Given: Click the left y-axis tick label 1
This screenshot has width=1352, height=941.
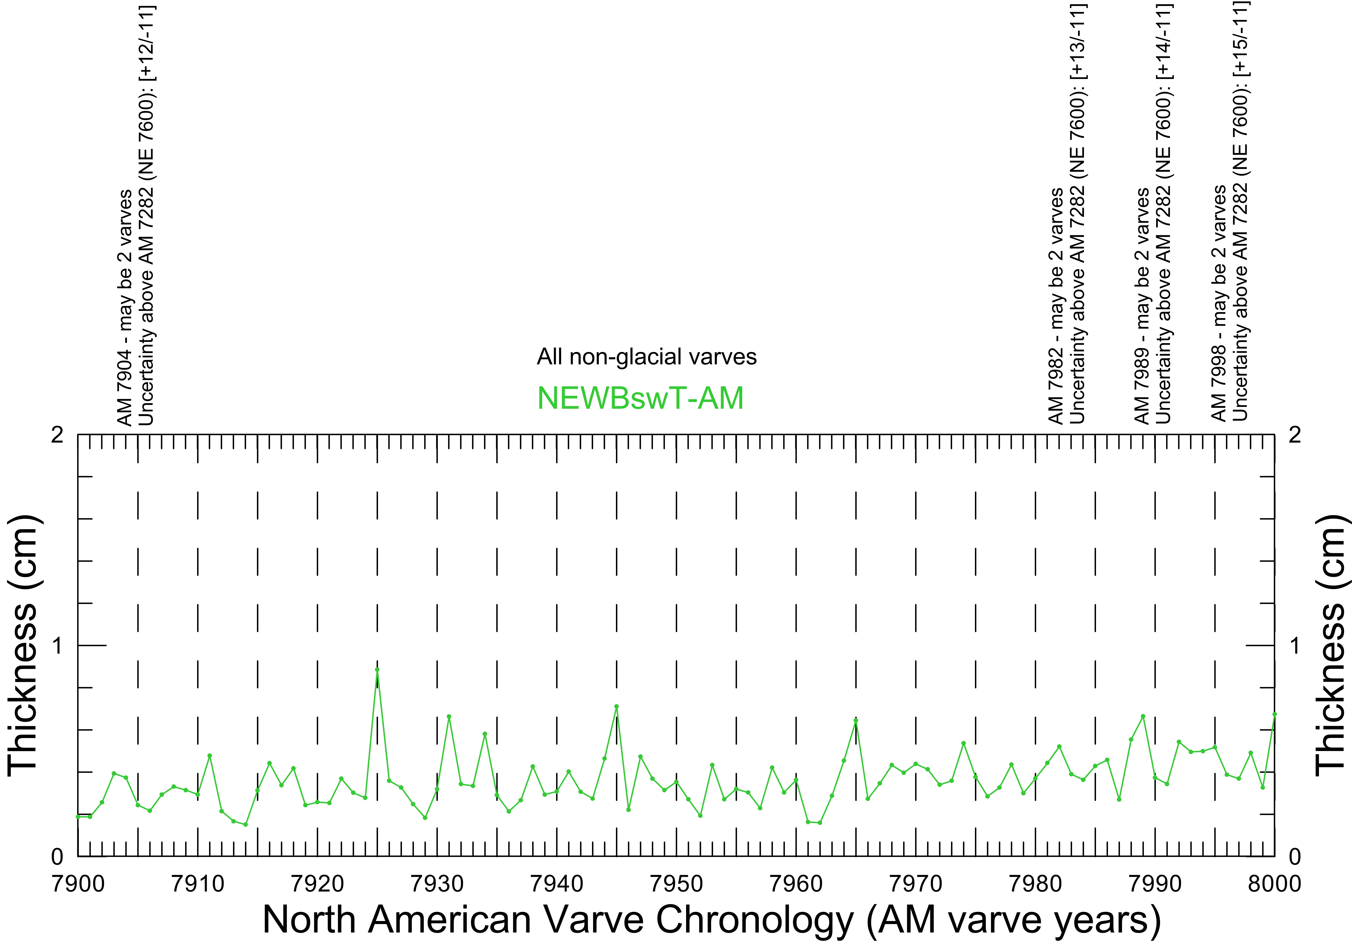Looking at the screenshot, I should pos(57,646).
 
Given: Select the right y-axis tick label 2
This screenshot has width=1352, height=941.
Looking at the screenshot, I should pos(1295,435).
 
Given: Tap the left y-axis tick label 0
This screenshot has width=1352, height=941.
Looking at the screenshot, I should pos(57,856).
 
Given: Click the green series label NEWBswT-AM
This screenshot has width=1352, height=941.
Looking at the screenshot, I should pos(641,398).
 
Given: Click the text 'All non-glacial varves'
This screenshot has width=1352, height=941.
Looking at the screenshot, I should pos(647,357).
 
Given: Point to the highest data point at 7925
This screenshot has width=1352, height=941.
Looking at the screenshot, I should pos(377,669).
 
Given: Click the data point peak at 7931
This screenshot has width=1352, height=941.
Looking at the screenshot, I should pos(449,716).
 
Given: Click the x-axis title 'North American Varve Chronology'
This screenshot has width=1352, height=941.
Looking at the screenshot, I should pos(711,919).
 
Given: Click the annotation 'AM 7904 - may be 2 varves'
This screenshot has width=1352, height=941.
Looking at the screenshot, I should pos(125,307).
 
